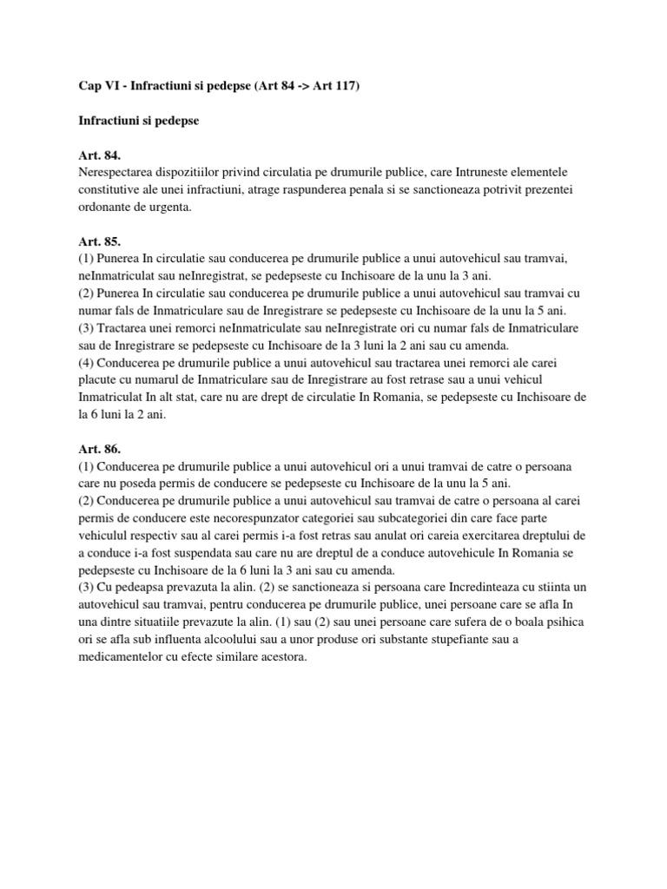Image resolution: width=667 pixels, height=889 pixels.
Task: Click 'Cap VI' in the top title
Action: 85,88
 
